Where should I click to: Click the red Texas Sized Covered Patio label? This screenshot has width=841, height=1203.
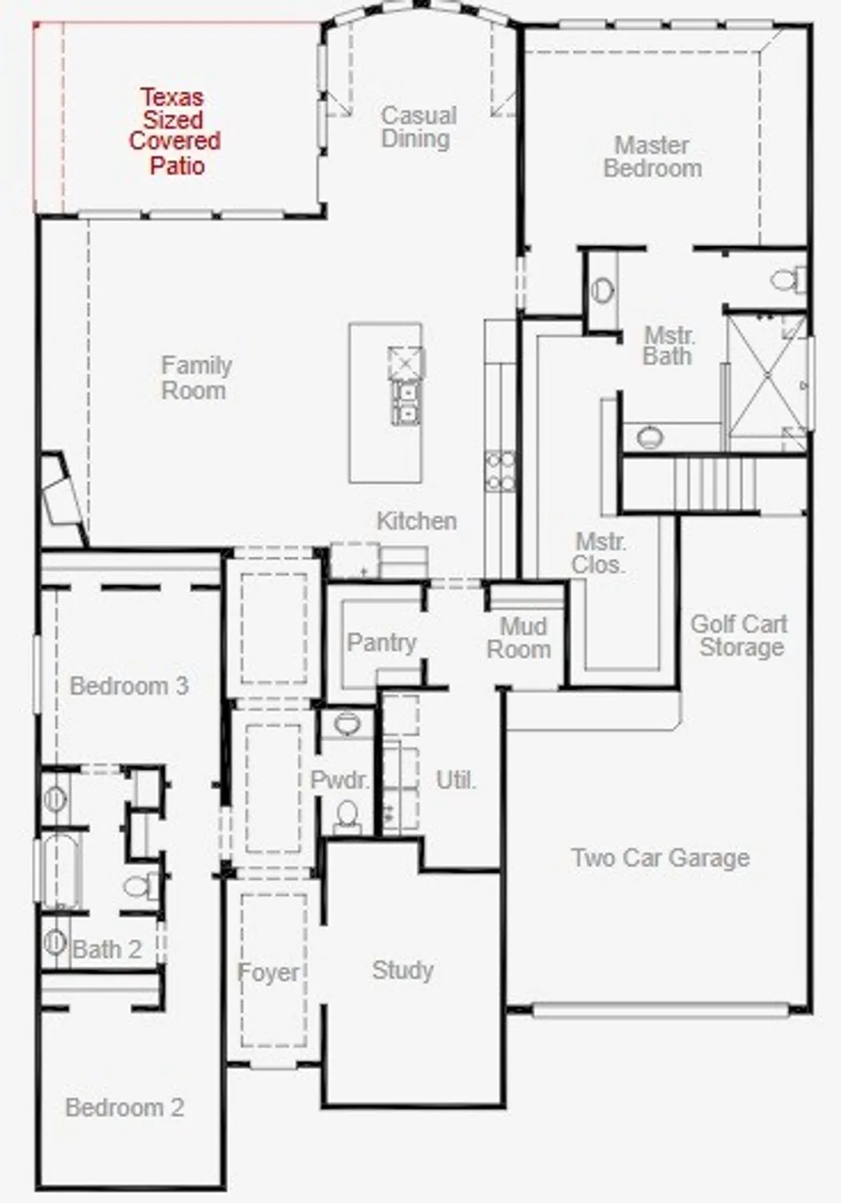[x=173, y=131]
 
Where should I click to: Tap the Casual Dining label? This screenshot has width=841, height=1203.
[x=418, y=127]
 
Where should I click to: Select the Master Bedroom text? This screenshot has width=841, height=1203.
[x=653, y=156]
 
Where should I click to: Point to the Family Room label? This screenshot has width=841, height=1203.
[x=196, y=378]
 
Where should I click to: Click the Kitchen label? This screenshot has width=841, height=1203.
[x=416, y=521]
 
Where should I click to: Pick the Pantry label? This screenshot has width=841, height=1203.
[x=382, y=642]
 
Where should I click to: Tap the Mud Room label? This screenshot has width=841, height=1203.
[x=520, y=638]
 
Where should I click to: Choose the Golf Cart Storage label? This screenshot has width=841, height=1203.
[x=739, y=635]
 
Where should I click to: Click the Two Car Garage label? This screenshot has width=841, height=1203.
[x=660, y=858]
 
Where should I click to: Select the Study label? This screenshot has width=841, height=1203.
[x=402, y=970]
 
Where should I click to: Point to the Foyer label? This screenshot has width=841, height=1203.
[x=268, y=973]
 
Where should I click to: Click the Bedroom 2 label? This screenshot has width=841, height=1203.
[x=124, y=1108]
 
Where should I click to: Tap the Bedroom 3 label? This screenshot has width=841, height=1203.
[x=128, y=686]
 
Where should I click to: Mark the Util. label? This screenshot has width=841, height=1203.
[x=455, y=780]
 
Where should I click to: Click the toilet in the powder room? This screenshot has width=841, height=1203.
[x=347, y=816]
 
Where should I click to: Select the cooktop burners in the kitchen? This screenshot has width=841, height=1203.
[x=500, y=472]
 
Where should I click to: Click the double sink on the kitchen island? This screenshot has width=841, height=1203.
[x=406, y=402]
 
